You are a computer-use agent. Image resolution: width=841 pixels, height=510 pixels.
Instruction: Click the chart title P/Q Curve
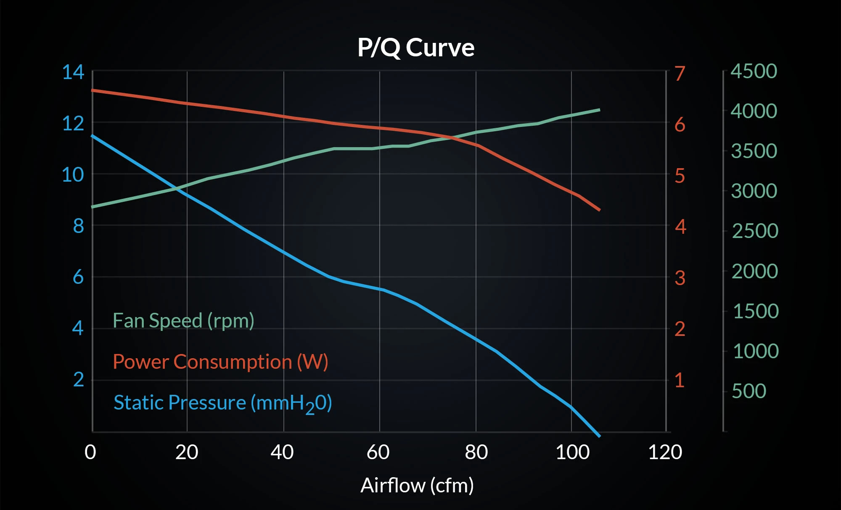pos(416,48)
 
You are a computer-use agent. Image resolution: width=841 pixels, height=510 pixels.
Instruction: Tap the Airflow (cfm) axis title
pos(417,486)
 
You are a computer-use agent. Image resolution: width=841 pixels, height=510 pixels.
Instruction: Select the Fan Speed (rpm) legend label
pos(183,321)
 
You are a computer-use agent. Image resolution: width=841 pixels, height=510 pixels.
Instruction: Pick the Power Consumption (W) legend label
pos(220,362)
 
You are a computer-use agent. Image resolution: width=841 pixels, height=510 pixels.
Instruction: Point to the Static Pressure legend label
pos(223,403)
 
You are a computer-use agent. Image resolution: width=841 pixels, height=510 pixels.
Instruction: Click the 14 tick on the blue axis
pos(73,72)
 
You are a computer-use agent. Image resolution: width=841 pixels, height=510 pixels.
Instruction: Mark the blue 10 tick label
pos(73,174)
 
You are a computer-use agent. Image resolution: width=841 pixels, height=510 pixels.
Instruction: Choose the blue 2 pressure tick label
pos(79,380)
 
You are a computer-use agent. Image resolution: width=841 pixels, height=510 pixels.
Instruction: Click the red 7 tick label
pos(680,74)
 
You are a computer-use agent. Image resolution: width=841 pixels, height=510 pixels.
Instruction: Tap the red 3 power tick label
pos(680,278)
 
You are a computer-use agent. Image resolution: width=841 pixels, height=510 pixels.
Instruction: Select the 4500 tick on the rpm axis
pos(754,71)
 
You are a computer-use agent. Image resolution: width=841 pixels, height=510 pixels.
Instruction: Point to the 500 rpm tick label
pos(749,391)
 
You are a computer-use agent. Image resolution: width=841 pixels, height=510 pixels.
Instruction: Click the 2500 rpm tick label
pos(755,231)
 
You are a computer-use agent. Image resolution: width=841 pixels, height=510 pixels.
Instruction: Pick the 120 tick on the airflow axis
pos(665,452)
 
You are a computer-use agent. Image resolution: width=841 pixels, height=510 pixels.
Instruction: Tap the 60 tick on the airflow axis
pos(378,452)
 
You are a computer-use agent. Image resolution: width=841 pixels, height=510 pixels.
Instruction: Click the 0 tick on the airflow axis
pos(90,452)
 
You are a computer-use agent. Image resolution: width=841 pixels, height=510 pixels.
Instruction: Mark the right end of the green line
pos(599,110)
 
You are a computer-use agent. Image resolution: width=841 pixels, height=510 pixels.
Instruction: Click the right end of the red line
pos(599,209)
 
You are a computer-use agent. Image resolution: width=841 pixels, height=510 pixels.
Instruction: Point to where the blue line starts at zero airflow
pos(93,136)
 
